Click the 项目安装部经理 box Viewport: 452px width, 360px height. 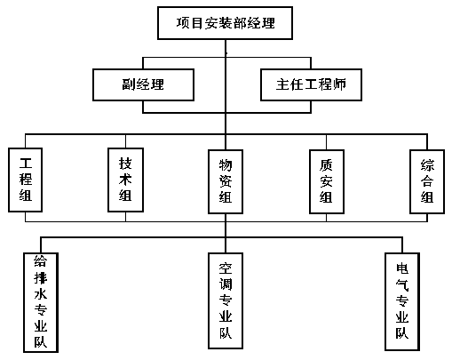tap(225, 23)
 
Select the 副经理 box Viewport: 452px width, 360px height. tap(143, 84)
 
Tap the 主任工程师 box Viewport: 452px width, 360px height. tap(311, 84)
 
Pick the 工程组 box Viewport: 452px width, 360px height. tap(26, 180)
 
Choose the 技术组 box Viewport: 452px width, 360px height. tap(125, 180)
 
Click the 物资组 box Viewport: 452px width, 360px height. tap(226, 181)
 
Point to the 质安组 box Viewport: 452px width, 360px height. tap(327, 181)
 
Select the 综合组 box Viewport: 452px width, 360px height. tap(427, 181)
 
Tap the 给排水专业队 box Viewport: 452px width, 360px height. tap(41, 302)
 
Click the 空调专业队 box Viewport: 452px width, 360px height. tap(226, 300)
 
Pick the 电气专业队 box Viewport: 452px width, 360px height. tap(402, 301)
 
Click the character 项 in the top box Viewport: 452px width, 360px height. tap(183, 23)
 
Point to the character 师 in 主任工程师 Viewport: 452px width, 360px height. tap(339, 84)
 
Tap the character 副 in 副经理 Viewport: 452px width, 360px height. tap(129, 84)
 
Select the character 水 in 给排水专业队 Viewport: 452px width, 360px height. tap(41, 294)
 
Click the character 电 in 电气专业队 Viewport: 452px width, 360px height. tap(402, 268)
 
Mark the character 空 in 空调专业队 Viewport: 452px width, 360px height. tap(226, 268)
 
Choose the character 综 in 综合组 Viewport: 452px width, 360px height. tap(427, 165)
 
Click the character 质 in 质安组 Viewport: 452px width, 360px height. tap(326, 165)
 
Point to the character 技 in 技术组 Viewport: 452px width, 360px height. tap(125, 164)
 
